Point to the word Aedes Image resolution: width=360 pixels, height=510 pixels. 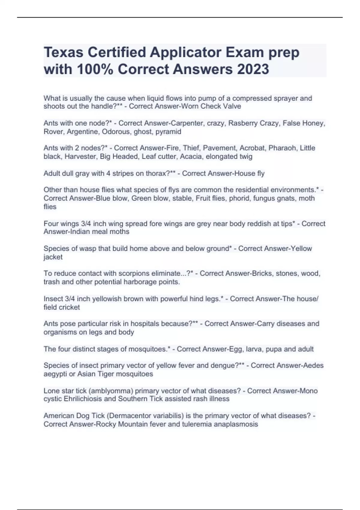tap(313, 365)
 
